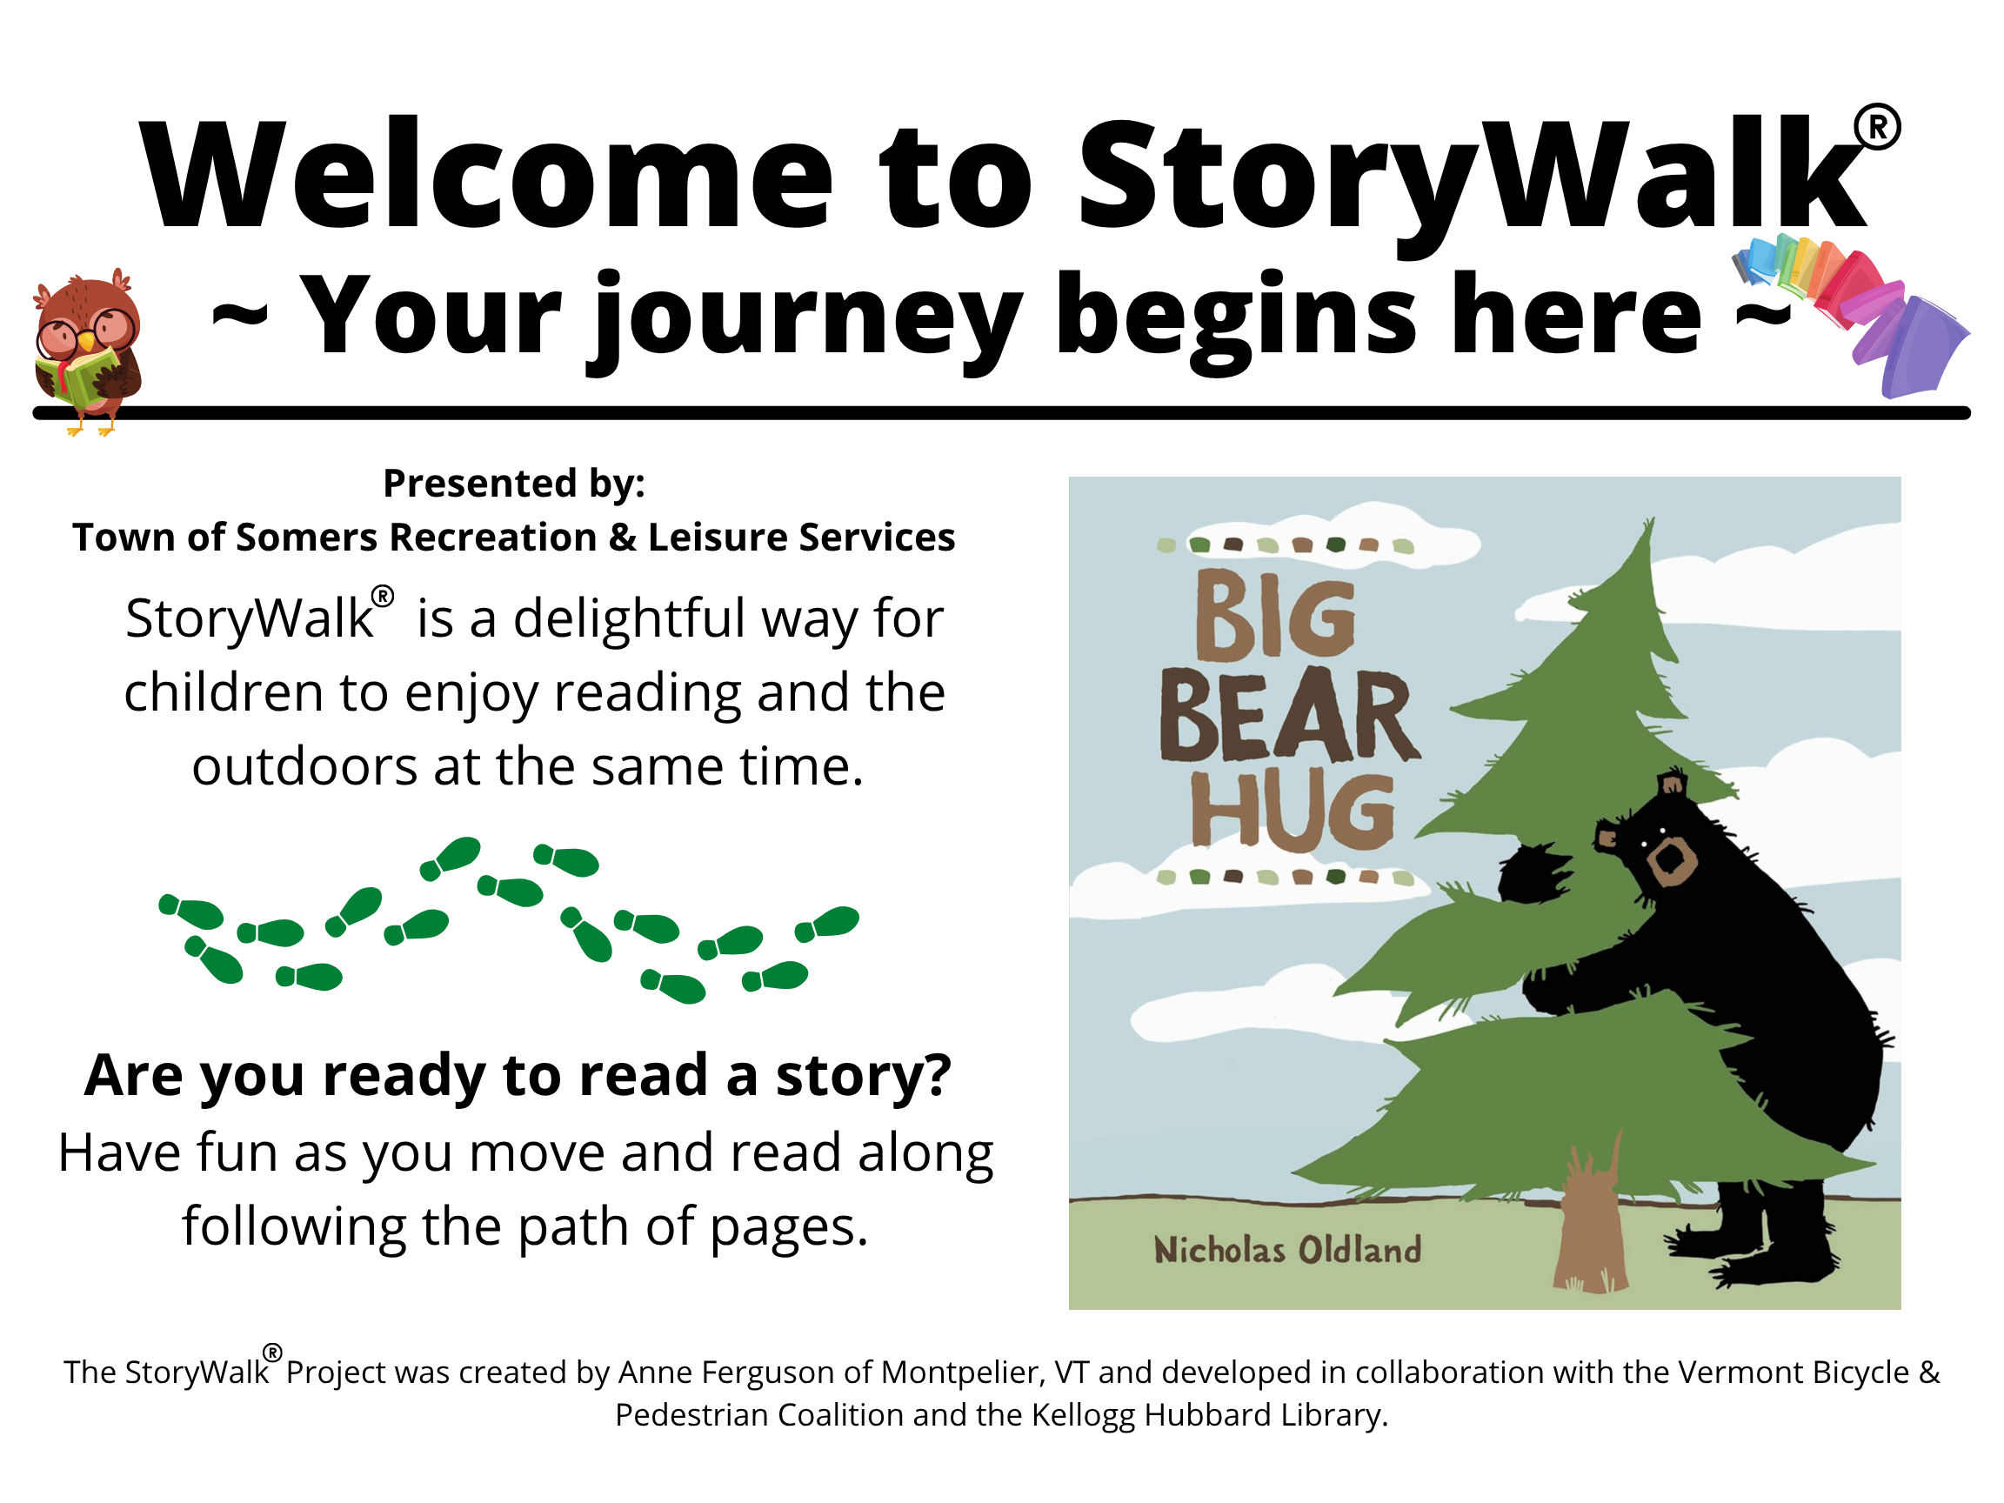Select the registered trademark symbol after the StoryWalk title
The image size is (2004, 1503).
coord(1877,128)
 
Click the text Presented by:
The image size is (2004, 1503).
coord(514,484)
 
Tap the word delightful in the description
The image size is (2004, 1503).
coord(630,618)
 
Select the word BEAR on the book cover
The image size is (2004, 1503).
coord(1289,716)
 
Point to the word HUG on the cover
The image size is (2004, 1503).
coord(1292,811)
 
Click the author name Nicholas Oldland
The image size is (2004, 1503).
coord(1287,1250)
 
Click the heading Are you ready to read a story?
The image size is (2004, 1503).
coord(518,1076)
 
